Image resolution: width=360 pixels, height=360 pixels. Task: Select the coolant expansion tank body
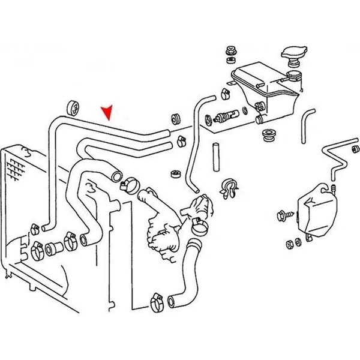[x=264, y=90]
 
